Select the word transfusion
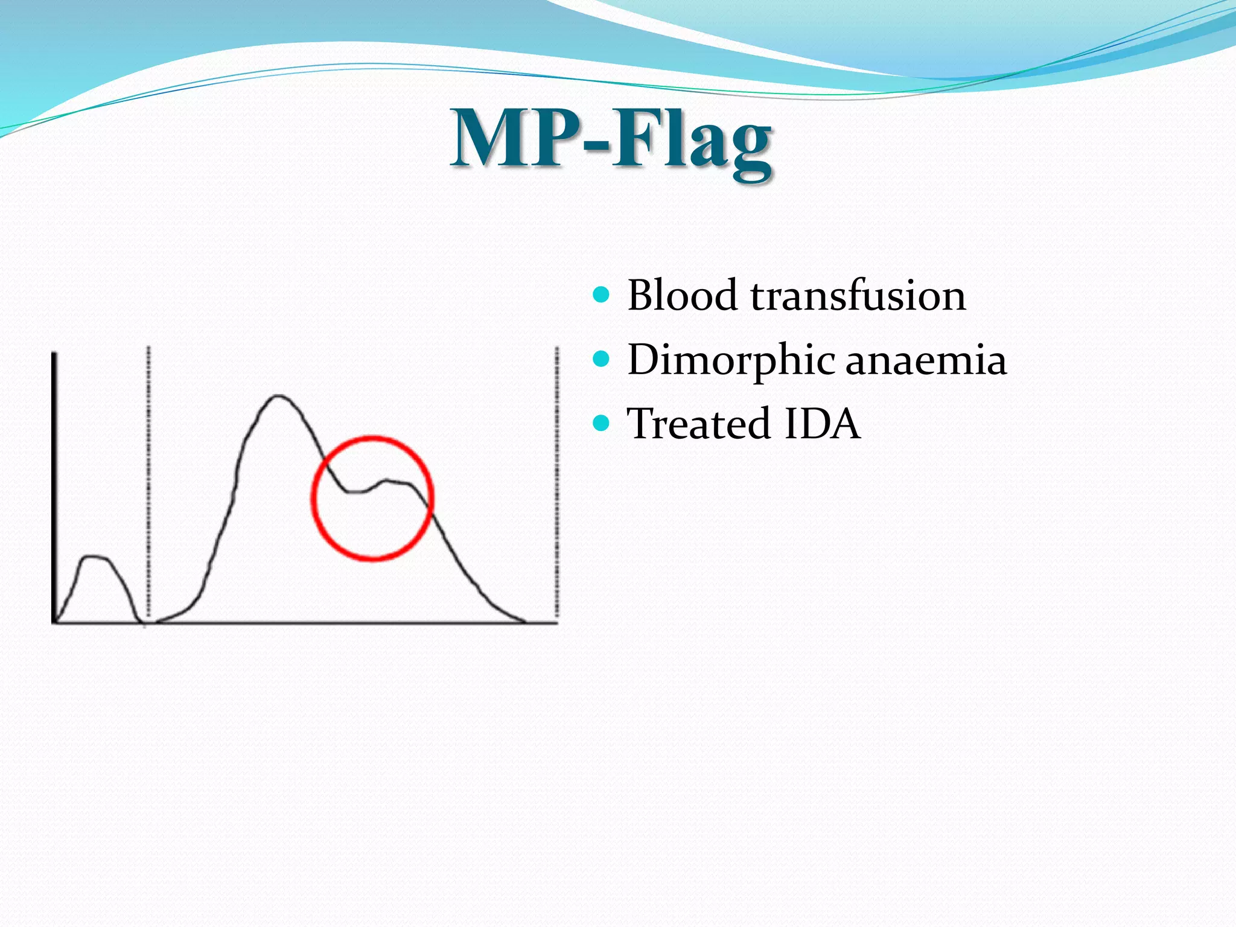coord(858,296)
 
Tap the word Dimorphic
coord(731,360)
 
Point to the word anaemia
coord(926,360)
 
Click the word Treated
coord(699,424)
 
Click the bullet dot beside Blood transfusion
coord(601,295)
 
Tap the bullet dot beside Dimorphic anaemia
coord(601,360)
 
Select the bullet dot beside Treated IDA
coord(601,423)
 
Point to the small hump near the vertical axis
coord(95,557)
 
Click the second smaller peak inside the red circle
coord(389,480)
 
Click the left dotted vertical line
coord(148,483)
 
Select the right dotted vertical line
coord(556,483)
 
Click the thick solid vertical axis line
coord(54,483)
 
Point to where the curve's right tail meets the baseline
coord(524,621)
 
